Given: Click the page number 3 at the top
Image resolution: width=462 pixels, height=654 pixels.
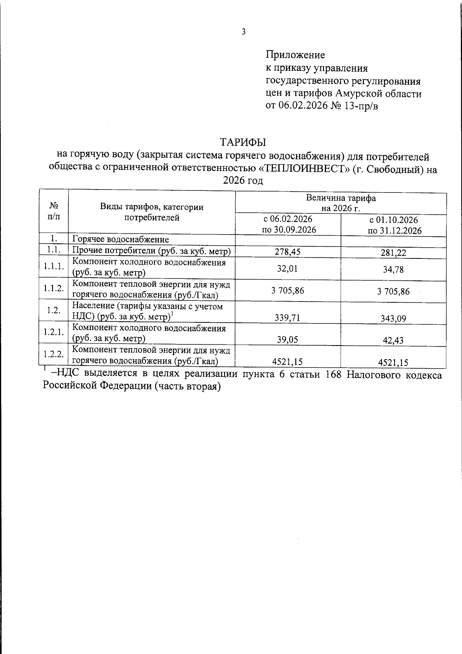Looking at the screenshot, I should click(x=243, y=32).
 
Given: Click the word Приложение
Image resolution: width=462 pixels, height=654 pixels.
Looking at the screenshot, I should click(x=295, y=55).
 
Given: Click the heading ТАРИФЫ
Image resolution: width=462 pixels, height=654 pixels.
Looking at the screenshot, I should click(x=243, y=142).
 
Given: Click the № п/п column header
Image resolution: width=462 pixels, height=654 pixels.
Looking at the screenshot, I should click(x=54, y=211).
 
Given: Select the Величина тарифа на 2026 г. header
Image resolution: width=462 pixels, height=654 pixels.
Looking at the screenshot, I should click(x=341, y=203).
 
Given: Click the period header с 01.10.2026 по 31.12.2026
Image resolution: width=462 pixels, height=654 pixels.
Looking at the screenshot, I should click(x=393, y=225).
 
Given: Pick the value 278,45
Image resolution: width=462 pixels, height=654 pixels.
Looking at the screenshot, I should click(x=287, y=252).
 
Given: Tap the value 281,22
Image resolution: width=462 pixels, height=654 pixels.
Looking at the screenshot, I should click(x=393, y=253).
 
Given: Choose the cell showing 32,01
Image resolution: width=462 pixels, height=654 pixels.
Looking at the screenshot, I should click(x=287, y=269).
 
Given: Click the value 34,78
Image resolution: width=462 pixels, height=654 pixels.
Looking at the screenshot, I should click(x=393, y=270).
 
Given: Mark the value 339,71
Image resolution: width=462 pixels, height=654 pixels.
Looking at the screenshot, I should click(x=287, y=318).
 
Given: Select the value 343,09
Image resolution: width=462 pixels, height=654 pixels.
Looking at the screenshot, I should click(x=393, y=319).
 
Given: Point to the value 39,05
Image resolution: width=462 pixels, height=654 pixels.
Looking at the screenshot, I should click(x=287, y=340).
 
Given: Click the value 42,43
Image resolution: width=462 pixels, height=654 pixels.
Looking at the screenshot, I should click(x=393, y=340).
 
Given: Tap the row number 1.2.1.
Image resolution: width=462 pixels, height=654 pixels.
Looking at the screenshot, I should click(x=54, y=332).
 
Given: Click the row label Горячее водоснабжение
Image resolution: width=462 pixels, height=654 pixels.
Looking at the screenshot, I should click(x=121, y=240).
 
